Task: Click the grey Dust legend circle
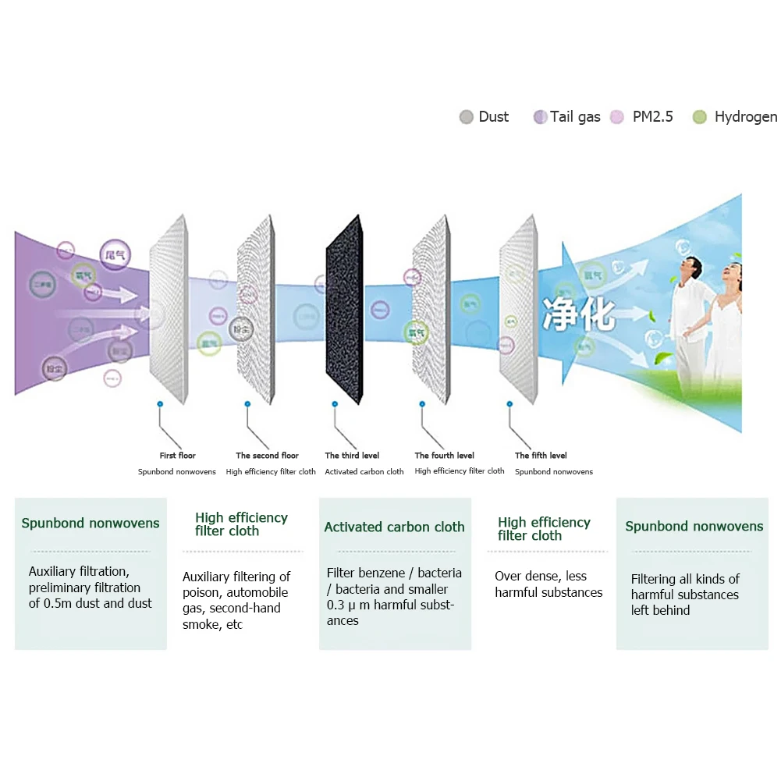tap(467, 117)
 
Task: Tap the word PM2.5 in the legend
tap(652, 117)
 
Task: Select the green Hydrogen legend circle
tap(700, 117)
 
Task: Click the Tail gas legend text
tap(575, 117)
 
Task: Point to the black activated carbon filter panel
tap(343, 309)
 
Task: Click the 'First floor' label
tap(178, 456)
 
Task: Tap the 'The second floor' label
tap(267, 456)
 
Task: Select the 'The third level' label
tap(352, 456)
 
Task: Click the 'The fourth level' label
tap(444, 456)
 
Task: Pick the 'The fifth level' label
tap(541, 456)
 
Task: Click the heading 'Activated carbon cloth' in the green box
tap(394, 527)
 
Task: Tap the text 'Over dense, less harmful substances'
tap(548, 584)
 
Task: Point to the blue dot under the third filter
tap(335, 404)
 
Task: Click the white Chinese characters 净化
tap(579, 312)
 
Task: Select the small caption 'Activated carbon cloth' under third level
tap(364, 472)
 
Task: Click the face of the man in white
tap(686, 269)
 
